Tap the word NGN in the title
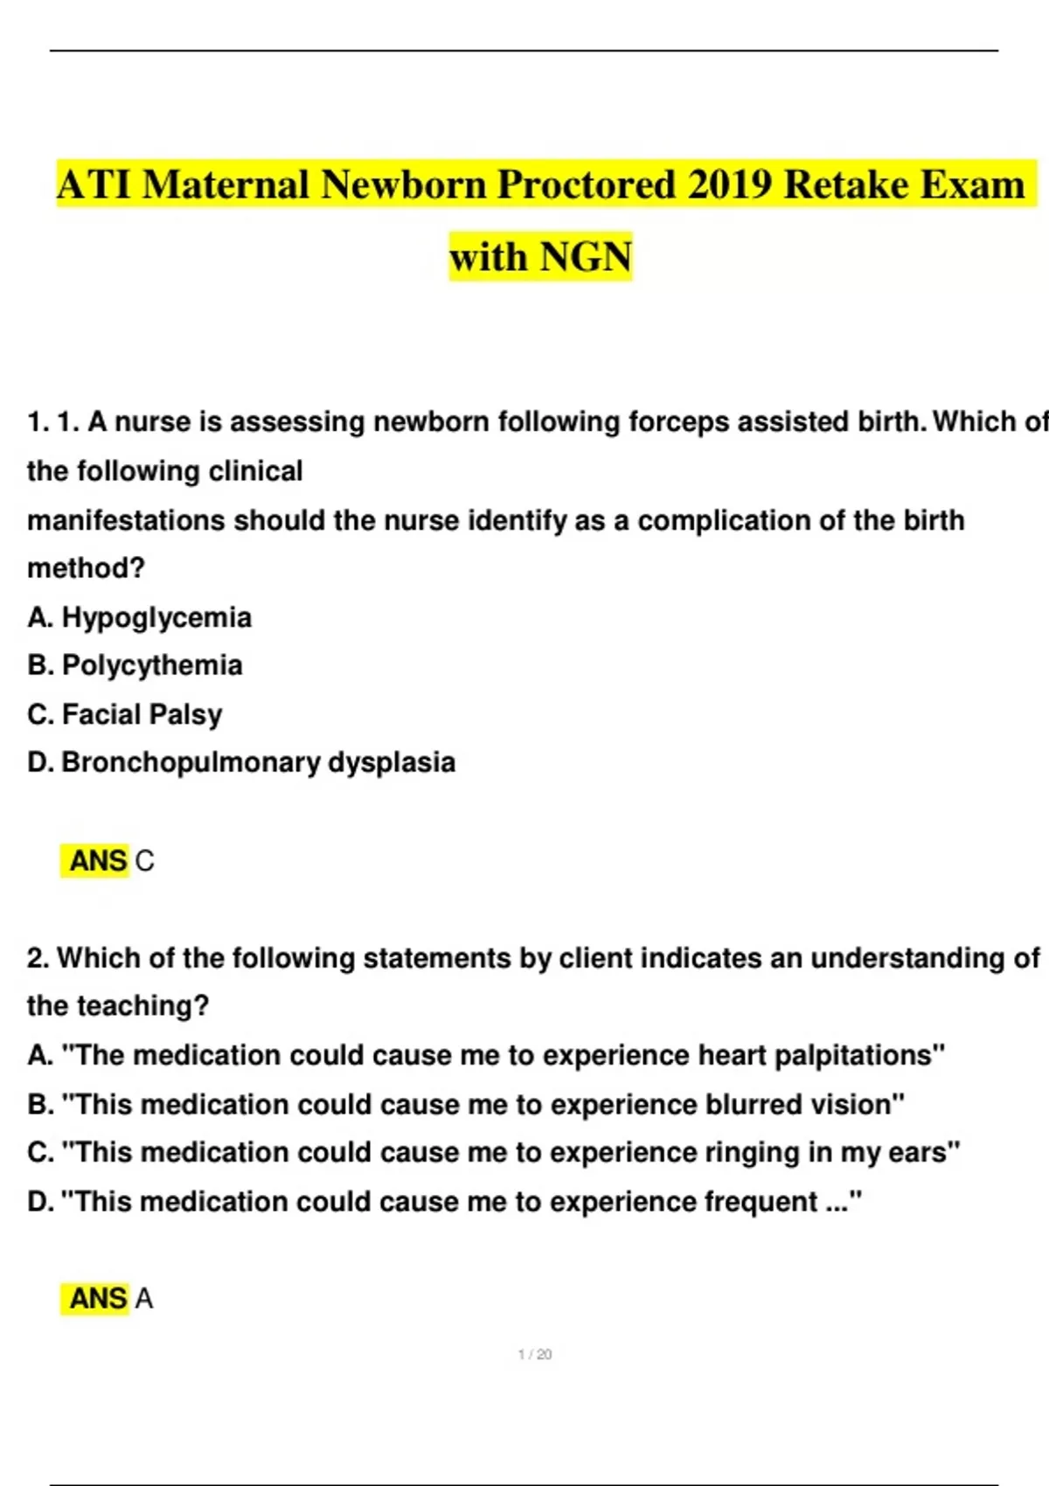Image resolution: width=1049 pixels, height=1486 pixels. click(x=586, y=258)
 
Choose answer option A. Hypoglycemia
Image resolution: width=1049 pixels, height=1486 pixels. click(x=140, y=618)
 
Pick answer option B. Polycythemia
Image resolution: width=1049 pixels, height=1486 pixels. click(x=135, y=666)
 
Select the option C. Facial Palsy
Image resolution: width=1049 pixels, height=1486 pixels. click(x=125, y=715)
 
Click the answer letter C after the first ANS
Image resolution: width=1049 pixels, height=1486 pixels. click(x=145, y=862)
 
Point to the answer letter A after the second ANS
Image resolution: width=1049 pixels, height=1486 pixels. click(x=144, y=1299)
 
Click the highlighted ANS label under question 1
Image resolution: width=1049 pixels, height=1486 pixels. click(x=97, y=862)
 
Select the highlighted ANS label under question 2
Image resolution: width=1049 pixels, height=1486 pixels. click(x=97, y=1299)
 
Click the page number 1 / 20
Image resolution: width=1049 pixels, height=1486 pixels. click(x=535, y=1355)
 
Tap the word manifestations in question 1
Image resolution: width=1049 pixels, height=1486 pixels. click(x=126, y=521)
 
